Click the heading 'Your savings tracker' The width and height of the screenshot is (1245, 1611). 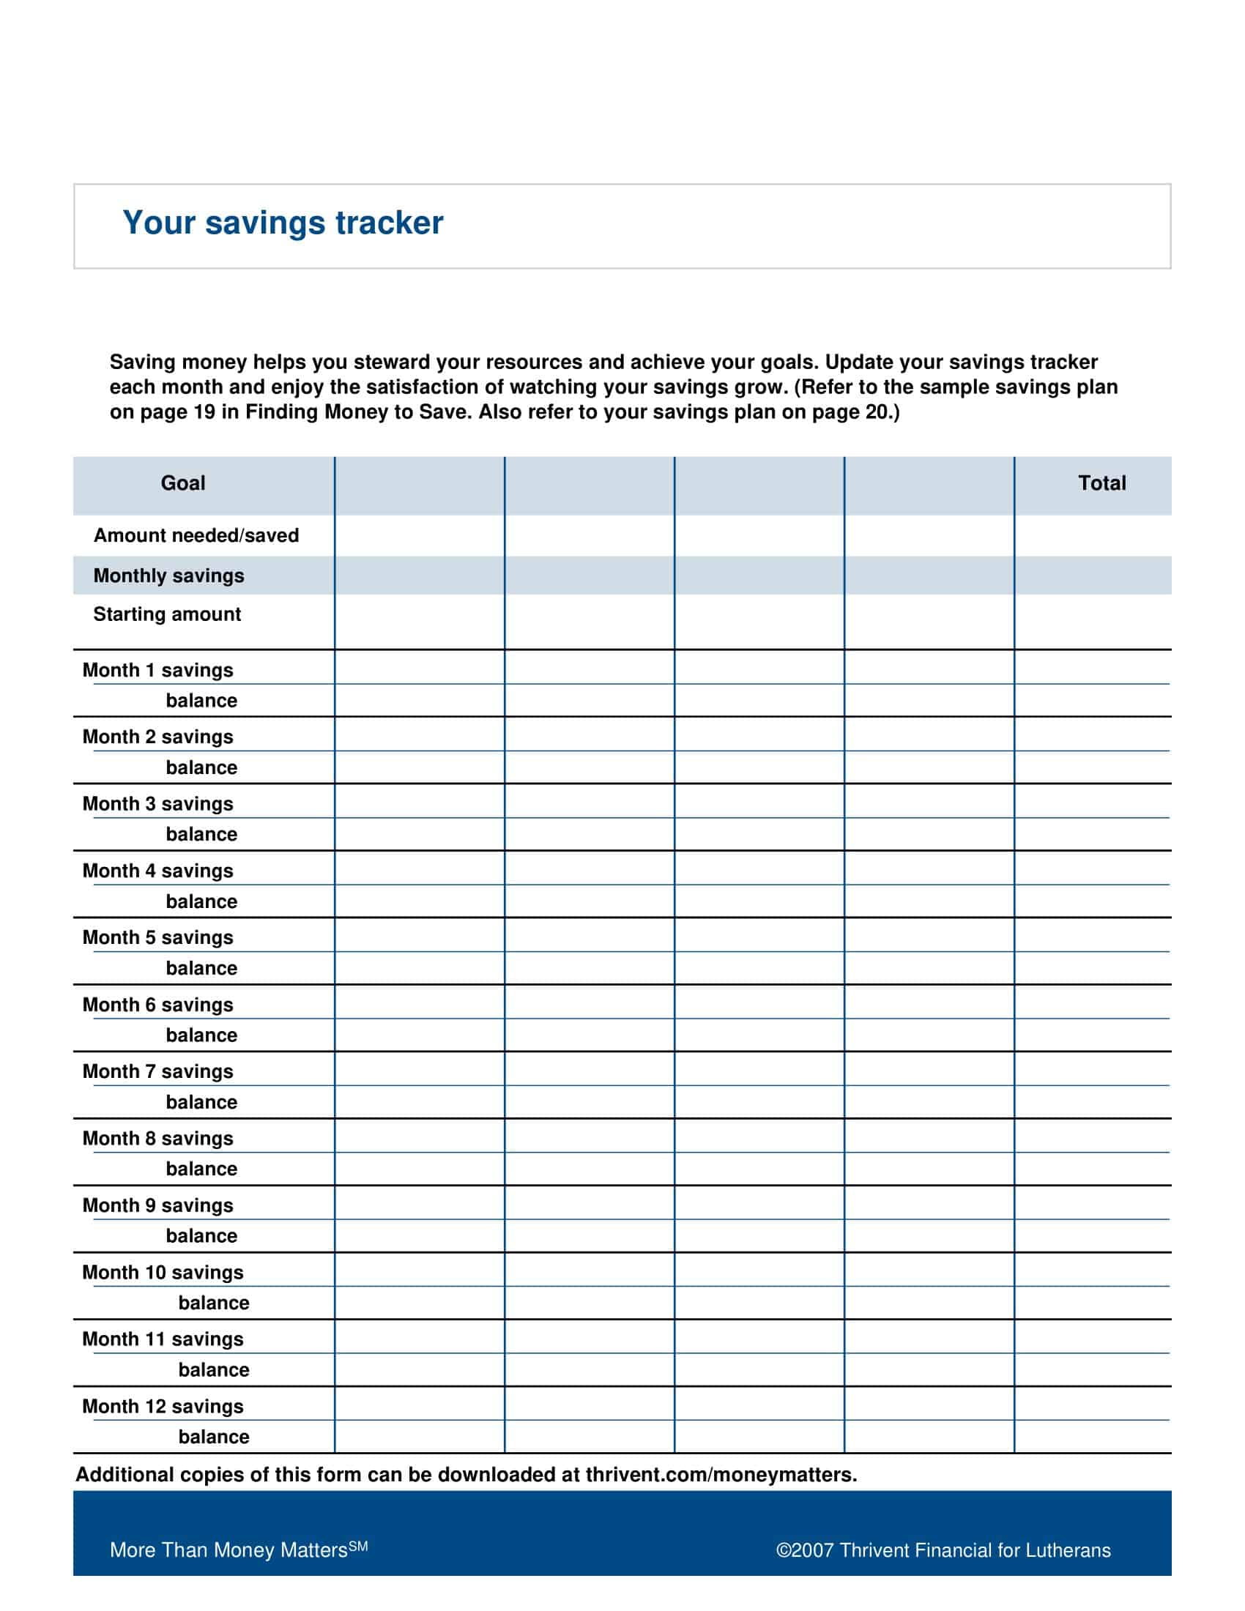[x=283, y=223]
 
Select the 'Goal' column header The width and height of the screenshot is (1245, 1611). [x=183, y=483]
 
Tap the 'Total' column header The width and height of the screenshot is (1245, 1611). [x=1101, y=483]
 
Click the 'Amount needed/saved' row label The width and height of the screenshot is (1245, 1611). [x=196, y=535]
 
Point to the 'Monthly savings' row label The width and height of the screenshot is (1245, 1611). [x=169, y=576]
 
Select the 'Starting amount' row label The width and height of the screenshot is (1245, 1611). [x=168, y=614]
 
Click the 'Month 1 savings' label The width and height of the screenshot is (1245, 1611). [x=158, y=670]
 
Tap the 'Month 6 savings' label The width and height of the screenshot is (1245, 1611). [x=158, y=1005]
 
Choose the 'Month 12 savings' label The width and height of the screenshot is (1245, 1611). [x=163, y=1406]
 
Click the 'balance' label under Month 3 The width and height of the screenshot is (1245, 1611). [x=201, y=834]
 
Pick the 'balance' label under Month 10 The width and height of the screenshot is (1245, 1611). [x=214, y=1303]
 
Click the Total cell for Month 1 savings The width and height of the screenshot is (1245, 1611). [x=1092, y=668]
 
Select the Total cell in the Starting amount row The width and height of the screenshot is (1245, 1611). [x=1092, y=621]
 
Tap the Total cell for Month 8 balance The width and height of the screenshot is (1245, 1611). [x=1092, y=1169]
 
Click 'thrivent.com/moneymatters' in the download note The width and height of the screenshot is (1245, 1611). [x=721, y=1475]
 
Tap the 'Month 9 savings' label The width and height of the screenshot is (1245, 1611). [x=158, y=1205]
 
